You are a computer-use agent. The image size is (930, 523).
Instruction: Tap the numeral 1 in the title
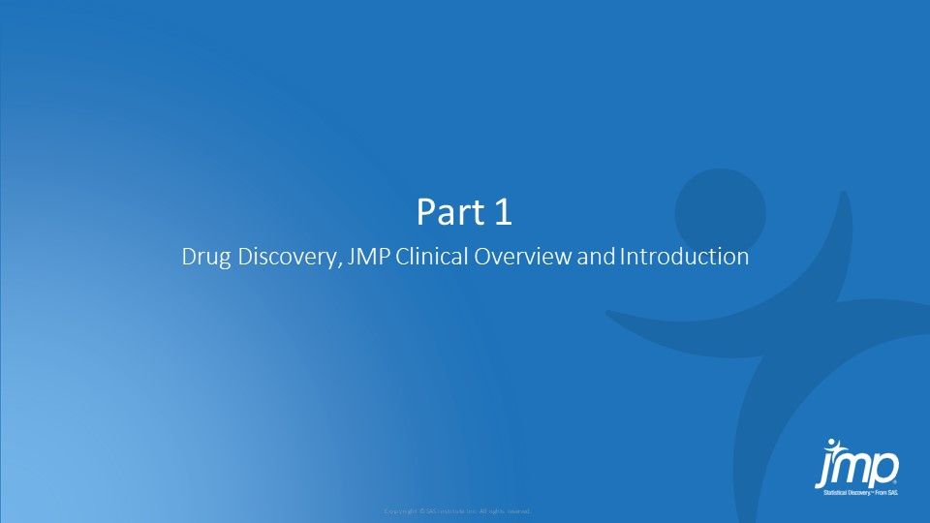click(501, 213)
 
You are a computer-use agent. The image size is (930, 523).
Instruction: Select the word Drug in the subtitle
click(201, 259)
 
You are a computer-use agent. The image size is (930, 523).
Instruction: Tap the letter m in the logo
click(855, 468)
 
